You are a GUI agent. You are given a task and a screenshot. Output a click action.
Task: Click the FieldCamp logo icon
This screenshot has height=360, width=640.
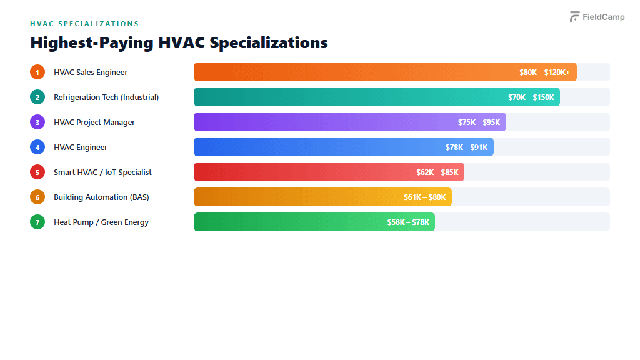pos(574,17)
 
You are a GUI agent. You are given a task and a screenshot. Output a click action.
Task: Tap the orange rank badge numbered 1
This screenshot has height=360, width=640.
pos(37,72)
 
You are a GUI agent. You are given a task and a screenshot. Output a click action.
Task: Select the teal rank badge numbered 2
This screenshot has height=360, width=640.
pos(37,97)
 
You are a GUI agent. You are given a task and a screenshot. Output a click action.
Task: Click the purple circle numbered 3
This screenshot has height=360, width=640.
pos(37,122)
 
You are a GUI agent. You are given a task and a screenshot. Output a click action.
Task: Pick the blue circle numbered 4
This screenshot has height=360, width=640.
pos(37,147)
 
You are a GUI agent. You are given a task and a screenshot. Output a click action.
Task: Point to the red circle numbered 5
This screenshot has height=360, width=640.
pos(37,172)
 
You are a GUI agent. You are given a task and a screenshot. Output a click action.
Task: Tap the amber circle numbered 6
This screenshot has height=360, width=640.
pos(37,197)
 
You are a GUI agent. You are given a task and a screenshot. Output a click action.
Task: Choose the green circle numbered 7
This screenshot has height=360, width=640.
pos(37,222)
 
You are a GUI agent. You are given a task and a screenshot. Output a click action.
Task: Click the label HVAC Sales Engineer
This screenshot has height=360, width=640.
pos(91,72)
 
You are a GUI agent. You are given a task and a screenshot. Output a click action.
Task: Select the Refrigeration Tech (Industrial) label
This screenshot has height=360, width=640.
pos(106,97)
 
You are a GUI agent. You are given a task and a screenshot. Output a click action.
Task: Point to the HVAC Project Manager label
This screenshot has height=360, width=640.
pos(94,122)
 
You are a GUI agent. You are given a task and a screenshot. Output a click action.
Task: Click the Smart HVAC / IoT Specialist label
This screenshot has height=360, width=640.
pos(102,172)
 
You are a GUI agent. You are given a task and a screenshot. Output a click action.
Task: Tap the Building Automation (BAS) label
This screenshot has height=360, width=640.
pos(101,197)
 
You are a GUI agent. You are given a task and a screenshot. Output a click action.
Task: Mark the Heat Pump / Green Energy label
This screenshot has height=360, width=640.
pos(101,222)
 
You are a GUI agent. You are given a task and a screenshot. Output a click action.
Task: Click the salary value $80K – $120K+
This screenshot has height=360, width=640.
pos(544,72)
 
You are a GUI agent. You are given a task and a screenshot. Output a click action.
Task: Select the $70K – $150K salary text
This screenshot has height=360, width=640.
pos(531,97)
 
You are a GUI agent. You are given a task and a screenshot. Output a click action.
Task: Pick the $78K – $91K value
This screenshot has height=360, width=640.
pos(466,147)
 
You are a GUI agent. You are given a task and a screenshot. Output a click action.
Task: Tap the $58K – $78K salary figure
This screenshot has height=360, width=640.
pos(407,222)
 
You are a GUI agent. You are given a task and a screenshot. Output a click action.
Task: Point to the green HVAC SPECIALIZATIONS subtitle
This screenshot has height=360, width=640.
pos(84,24)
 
